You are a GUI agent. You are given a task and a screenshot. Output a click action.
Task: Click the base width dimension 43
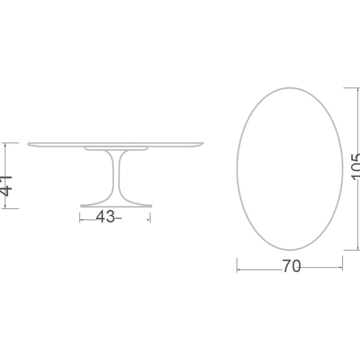(x=105, y=217)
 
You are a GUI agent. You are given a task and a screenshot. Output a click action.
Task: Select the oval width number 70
(x=291, y=267)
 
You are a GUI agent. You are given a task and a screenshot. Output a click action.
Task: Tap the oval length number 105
(x=355, y=167)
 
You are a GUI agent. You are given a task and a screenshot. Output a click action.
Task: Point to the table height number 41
(x=7, y=185)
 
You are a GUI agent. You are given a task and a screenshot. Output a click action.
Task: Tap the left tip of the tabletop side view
(x=29, y=144)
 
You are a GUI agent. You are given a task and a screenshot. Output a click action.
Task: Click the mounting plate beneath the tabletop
(x=116, y=148)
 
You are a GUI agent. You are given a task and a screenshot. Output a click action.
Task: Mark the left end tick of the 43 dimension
(x=80, y=218)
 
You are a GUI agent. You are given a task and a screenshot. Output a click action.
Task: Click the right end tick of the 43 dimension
(x=150, y=218)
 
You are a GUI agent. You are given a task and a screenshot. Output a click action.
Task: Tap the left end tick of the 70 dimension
(x=237, y=265)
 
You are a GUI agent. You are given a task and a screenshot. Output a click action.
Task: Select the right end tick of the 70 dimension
(x=343, y=265)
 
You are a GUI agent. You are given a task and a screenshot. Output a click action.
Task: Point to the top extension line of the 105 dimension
(x=351, y=88)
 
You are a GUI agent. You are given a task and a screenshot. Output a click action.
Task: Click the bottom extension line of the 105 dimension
(x=351, y=250)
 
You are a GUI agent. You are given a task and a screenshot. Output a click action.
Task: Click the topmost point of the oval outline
(x=290, y=88)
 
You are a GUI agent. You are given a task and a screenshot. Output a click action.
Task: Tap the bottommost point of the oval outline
(x=290, y=250)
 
